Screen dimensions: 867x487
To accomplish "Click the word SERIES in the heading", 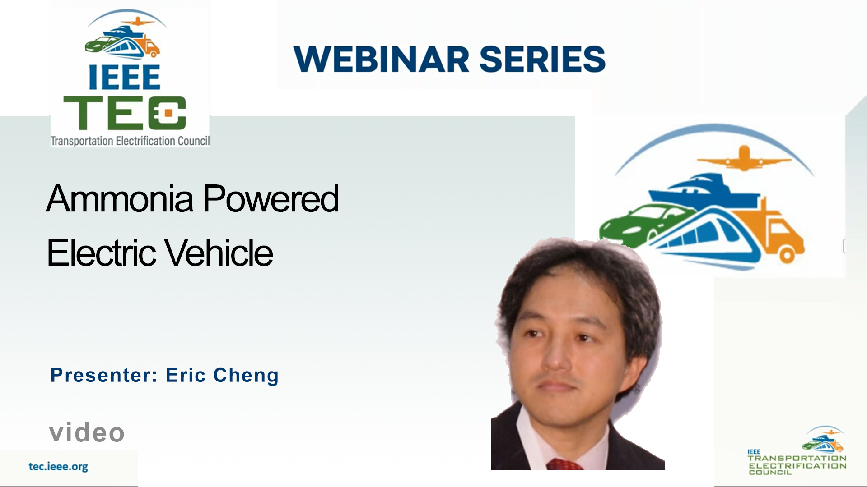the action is pos(542,59).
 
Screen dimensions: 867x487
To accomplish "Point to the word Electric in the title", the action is pos(102,253).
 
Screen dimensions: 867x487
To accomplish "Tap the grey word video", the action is pos(87,432).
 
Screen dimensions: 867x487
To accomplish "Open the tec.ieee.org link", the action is pos(58,467).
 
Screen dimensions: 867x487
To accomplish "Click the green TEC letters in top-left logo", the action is pos(125,113).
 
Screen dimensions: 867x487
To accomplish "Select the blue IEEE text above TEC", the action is pos(125,77).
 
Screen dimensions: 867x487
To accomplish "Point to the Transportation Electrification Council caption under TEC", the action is pos(130,141).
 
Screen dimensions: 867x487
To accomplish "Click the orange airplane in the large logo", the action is pos(744,158).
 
